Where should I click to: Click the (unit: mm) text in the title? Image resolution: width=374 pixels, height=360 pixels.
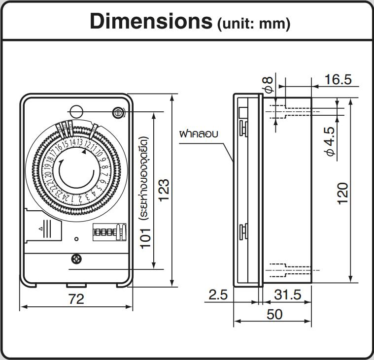(x=253, y=23)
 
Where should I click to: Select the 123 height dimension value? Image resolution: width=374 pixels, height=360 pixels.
(x=163, y=190)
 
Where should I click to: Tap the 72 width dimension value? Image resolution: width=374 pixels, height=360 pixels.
(x=76, y=298)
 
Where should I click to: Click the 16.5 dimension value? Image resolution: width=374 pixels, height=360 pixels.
(x=338, y=79)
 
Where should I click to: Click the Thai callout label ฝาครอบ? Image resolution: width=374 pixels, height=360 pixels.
(x=199, y=133)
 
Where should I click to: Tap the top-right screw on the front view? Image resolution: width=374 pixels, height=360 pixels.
(x=118, y=113)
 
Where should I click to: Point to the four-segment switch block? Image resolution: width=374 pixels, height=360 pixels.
(x=107, y=231)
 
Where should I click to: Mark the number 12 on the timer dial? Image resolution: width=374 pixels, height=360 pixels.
(x=87, y=145)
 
